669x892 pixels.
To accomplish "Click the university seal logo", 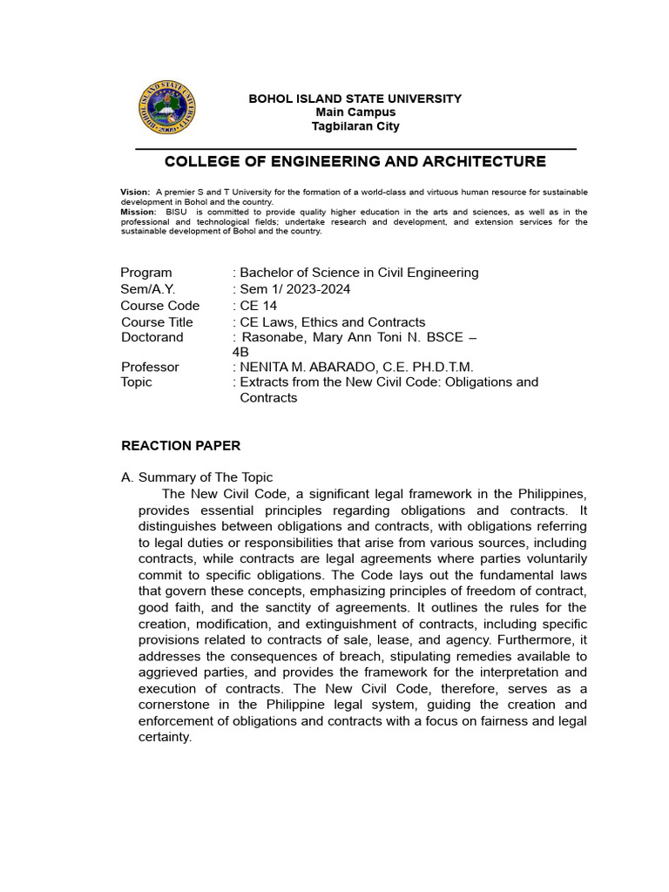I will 166,107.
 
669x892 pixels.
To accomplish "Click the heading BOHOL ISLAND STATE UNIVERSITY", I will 355,98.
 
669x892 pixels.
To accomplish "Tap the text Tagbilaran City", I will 355,126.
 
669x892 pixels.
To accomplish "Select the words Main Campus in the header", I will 355,112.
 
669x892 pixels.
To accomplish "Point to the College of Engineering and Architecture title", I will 355,162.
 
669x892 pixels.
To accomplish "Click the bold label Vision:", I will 135,192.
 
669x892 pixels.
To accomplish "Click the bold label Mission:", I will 139,212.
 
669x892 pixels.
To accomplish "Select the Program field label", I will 146,273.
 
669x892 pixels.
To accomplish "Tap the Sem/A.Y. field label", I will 149,289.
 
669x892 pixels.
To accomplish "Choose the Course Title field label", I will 157,322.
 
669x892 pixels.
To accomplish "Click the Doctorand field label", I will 152,337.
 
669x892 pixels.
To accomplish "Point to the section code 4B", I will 240,352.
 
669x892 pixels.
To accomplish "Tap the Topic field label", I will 136,382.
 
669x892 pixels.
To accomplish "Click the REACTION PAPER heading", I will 180,446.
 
